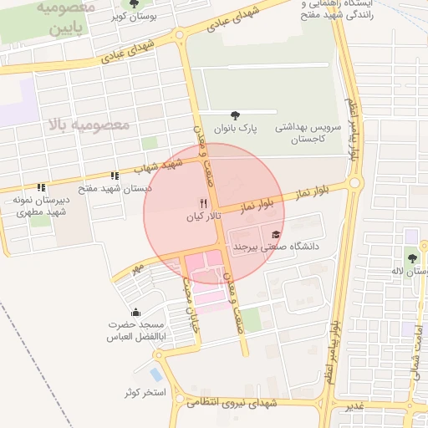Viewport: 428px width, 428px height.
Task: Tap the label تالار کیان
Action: pyautogui.click(x=201, y=217)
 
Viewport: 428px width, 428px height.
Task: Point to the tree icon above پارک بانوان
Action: pyautogui.click(x=233, y=115)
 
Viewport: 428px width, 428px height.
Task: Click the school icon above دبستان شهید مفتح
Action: pyautogui.click(x=115, y=176)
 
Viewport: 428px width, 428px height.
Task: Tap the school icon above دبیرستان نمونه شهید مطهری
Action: pyautogui.click(x=39, y=186)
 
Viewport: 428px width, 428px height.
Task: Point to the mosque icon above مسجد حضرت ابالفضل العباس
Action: pyautogui.click(x=135, y=312)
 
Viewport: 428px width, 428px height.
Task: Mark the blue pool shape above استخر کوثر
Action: pyautogui.click(x=155, y=374)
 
